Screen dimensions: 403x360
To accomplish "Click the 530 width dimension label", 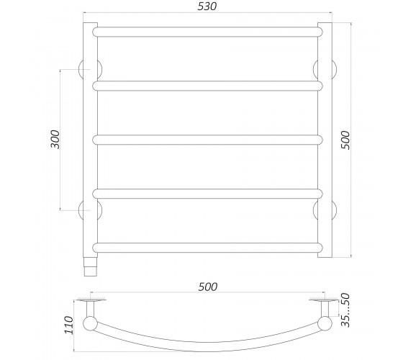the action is click(x=207, y=6).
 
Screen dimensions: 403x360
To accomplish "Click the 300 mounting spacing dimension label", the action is click(x=55, y=140).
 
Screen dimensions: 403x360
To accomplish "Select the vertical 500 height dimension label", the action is click(x=345, y=140).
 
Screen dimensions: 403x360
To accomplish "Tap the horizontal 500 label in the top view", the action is click(x=208, y=287).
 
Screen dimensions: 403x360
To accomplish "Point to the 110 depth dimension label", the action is click(x=69, y=325).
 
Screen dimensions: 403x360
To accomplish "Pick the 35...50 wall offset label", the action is click(x=345, y=310).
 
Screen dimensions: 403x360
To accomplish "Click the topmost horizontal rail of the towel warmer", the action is click(x=207, y=32).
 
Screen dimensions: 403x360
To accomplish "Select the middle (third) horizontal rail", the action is click(x=207, y=140).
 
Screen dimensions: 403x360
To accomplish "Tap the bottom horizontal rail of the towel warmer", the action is click(x=207, y=248).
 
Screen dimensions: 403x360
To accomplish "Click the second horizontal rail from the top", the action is click(x=207, y=86).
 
